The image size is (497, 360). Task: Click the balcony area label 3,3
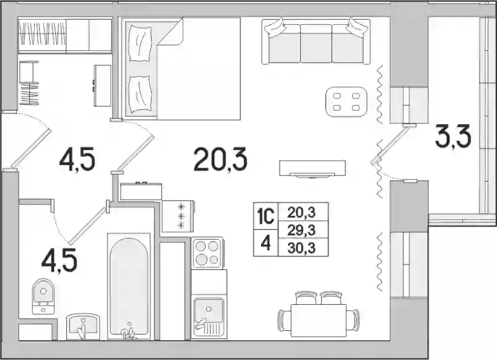click(x=453, y=136)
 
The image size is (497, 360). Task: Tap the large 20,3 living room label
click(x=221, y=160)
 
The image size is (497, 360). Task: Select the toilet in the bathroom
click(x=43, y=296)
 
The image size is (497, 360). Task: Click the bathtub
click(x=129, y=286)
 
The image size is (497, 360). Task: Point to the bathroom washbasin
click(x=83, y=326)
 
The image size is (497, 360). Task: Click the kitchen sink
click(x=209, y=317)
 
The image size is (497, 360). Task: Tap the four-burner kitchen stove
click(x=207, y=253)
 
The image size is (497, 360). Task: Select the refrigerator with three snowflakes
click(x=178, y=216)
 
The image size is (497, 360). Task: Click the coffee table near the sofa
click(x=347, y=101)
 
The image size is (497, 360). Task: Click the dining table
click(x=319, y=320)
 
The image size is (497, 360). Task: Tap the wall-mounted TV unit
click(x=312, y=168)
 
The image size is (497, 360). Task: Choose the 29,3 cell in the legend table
click(x=301, y=230)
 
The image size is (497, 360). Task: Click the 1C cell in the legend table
click(x=265, y=217)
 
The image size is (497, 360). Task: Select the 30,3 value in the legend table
click(x=301, y=248)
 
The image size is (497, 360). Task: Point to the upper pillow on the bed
click(x=140, y=43)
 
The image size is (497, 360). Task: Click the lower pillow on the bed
click(x=140, y=94)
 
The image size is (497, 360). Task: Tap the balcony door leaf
click(x=390, y=144)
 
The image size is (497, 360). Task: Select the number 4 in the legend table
click(x=266, y=243)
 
